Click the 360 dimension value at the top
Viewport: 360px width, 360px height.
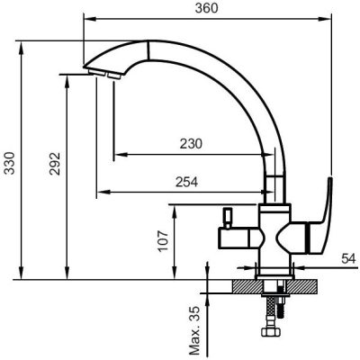pyautogui.click(x=206, y=8)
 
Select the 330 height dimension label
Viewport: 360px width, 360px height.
pyautogui.click(x=9, y=163)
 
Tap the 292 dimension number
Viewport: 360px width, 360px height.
pyautogui.click(x=55, y=164)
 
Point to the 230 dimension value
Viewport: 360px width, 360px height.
pyautogui.click(x=191, y=144)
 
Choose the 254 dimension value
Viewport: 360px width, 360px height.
pyautogui.click(x=187, y=182)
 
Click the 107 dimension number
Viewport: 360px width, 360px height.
pyautogui.click(x=163, y=241)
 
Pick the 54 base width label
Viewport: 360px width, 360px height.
pyautogui.click(x=348, y=258)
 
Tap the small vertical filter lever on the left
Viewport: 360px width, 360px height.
pyautogui.click(x=227, y=218)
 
